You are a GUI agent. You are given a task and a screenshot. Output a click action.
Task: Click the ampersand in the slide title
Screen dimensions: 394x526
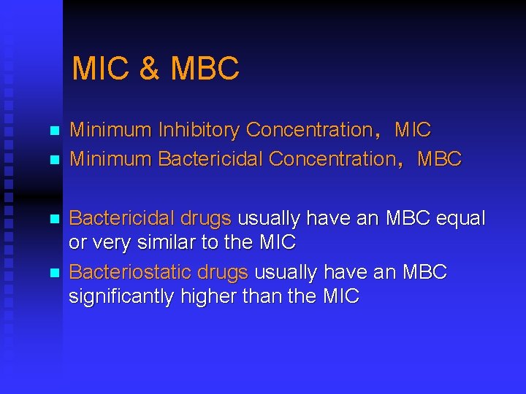[148, 69]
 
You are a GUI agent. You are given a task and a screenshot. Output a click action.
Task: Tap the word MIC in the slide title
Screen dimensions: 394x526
[100, 69]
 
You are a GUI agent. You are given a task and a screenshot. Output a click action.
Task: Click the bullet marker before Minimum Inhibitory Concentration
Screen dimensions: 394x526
[53, 132]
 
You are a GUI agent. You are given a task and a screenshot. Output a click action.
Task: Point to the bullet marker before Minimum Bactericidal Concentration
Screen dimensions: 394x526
[53, 160]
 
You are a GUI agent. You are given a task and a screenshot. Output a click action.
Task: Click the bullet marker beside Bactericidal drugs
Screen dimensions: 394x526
[53, 219]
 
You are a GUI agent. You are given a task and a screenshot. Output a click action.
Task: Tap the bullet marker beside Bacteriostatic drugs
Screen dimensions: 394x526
[53, 274]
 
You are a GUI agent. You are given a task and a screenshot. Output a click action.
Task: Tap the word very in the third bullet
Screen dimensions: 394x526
[112, 242]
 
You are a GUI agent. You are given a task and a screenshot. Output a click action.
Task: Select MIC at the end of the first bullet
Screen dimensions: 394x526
[413, 131]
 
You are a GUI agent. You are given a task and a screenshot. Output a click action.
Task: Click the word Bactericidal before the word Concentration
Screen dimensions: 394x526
[211, 158]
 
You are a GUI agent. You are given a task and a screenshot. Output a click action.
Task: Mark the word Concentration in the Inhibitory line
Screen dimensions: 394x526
[309, 131]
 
